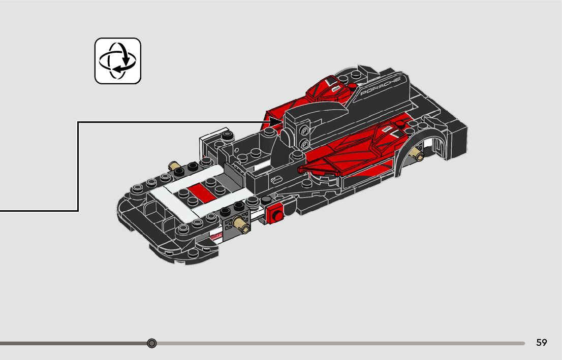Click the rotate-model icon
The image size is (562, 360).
coord(117,60)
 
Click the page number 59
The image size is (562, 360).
coord(542,343)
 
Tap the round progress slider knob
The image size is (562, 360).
coord(151,344)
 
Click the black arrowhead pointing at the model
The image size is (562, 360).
coord(276,122)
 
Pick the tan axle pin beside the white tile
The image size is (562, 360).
coord(174,166)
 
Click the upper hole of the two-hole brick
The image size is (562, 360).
coord(304,130)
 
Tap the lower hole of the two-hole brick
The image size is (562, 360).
coord(304,144)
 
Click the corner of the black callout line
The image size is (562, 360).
coord(78,122)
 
